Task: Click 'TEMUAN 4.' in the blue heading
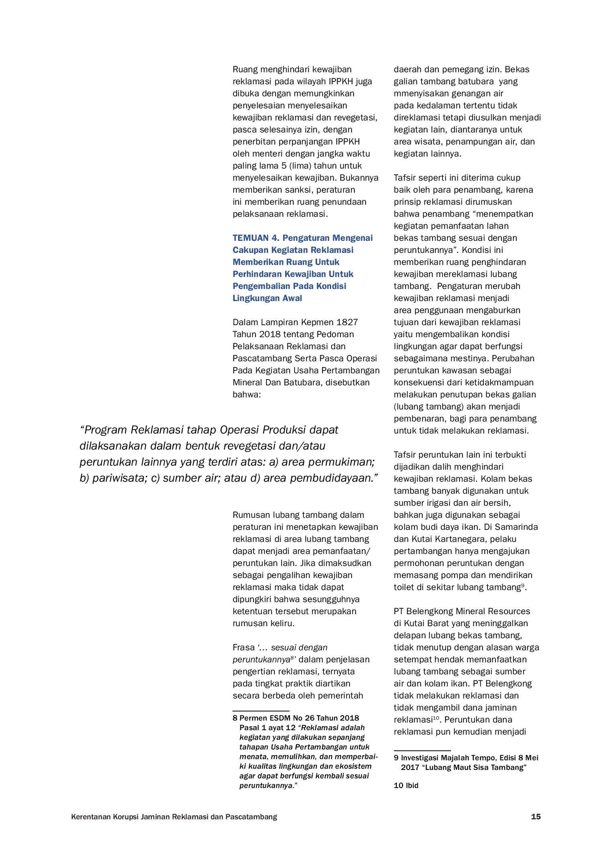click(256, 238)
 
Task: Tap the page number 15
click(536, 816)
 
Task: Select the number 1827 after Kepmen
click(347, 322)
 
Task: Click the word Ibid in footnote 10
click(412, 786)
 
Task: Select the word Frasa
click(244, 647)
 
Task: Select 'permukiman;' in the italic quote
click(348, 462)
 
